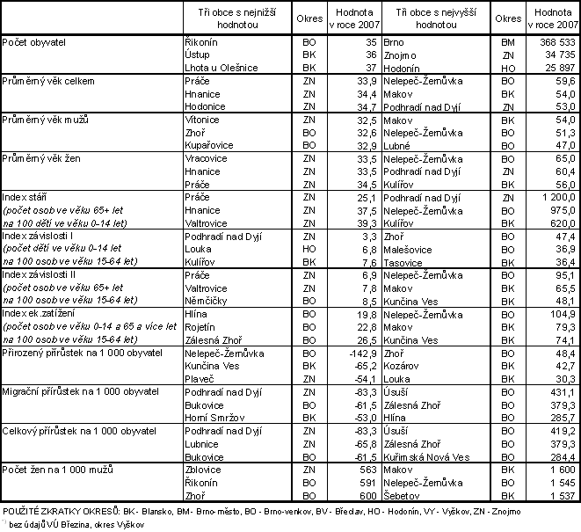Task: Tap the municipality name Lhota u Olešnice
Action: pyautogui.click(x=222, y=68)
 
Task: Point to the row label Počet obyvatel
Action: pyautogui.click(x=33, y=42)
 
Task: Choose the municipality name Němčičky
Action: pyautogui.click(x=207, y=301)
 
